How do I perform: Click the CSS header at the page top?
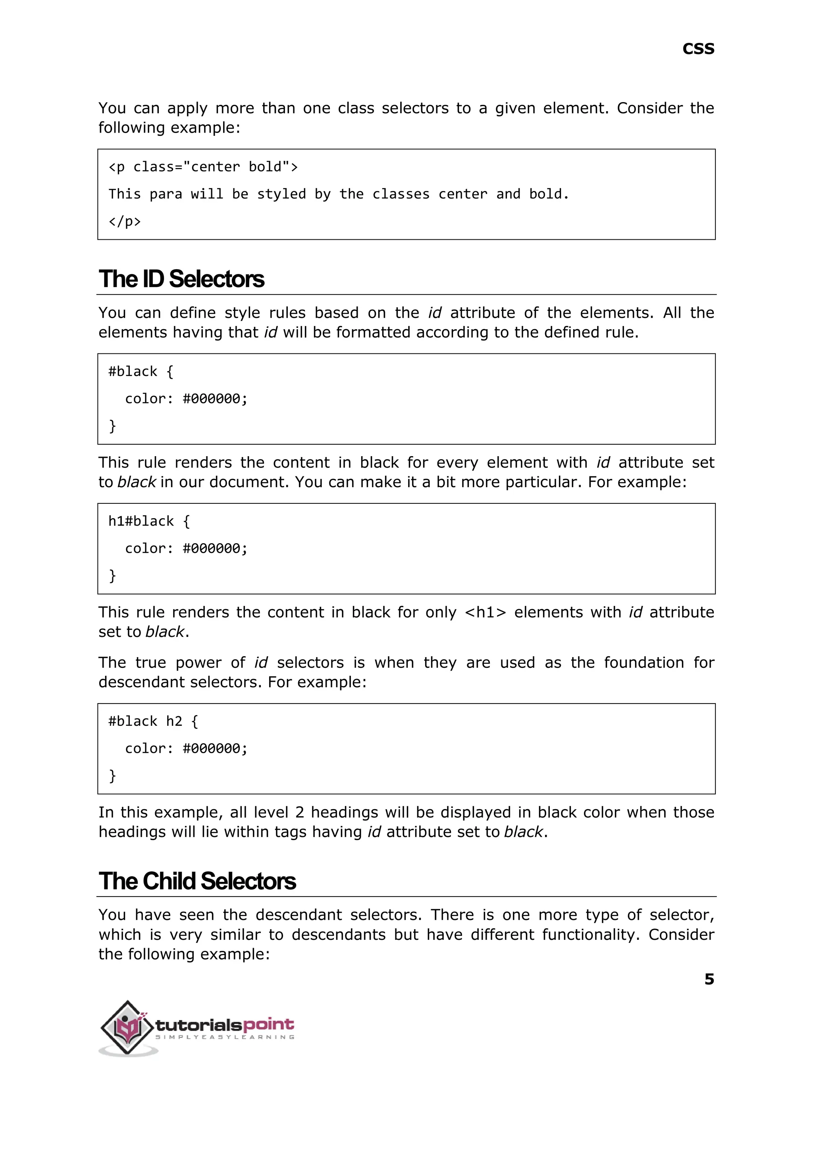tap(698, 49)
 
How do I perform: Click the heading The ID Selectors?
tap(181, 280)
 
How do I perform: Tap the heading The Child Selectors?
tap(197, 881)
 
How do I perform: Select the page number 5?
tap(709, 979)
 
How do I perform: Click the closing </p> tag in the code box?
tap(125, 221)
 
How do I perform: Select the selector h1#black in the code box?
tap(141, 521)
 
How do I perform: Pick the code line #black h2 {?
tap(153, 721)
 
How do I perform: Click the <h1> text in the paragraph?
tap(485, 612)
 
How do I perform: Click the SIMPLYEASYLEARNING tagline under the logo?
tap(225, 1037)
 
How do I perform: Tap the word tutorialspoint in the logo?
tap(225, 1024)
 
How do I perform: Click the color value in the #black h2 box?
tap(215, 748)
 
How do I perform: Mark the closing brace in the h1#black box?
tap(112, 575)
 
